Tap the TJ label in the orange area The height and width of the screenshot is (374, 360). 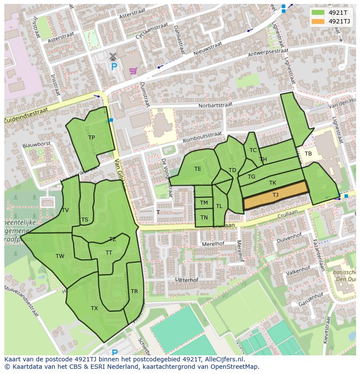(275, 195)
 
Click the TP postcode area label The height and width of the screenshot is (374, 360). (91, 138)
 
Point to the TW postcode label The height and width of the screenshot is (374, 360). (60, 256)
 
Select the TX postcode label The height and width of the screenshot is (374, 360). (94, 308)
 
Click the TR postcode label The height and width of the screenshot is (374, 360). (134, 291)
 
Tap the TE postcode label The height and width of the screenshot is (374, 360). (198, 169)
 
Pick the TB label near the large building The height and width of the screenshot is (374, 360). (308, 154)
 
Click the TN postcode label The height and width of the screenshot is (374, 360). (204, 218)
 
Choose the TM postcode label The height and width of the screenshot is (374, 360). (204, 203)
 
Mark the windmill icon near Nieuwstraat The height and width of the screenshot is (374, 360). (113, 56)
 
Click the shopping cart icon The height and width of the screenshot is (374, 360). (133, 70)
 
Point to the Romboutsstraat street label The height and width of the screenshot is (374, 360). (203, 136)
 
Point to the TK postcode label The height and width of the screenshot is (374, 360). (273, 183)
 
